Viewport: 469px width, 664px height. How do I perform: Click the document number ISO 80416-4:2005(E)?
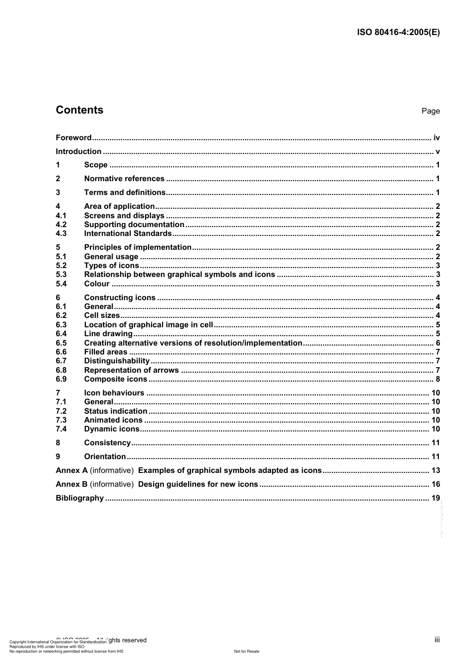(398, 33)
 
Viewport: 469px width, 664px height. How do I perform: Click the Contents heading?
(79, 110)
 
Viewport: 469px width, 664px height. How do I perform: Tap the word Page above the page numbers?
(430, 111)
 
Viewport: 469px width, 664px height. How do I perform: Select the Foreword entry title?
(74, 138)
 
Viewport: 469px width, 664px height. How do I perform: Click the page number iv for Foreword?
(436, 138)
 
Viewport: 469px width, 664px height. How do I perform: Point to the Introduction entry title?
(78, 152)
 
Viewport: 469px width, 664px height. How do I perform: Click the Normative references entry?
(124, 179)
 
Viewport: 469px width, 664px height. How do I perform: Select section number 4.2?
(61, 225)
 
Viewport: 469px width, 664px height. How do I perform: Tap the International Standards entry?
(128, 234)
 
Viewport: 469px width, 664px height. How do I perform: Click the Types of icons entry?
(112, 266)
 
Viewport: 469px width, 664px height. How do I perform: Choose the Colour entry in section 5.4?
(97, 284)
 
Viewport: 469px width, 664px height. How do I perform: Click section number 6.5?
(61, 343)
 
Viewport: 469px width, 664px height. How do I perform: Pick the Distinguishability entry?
(117, 361)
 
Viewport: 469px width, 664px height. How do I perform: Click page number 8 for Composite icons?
(437, 379)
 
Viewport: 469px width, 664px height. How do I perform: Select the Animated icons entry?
(113, 420)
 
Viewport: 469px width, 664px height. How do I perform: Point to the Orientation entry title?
(105, 457)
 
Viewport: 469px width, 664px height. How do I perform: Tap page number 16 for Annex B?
(435, 484)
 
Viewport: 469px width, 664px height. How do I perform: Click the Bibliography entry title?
(79, 498)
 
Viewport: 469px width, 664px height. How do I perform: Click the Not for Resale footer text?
(246, 651)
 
